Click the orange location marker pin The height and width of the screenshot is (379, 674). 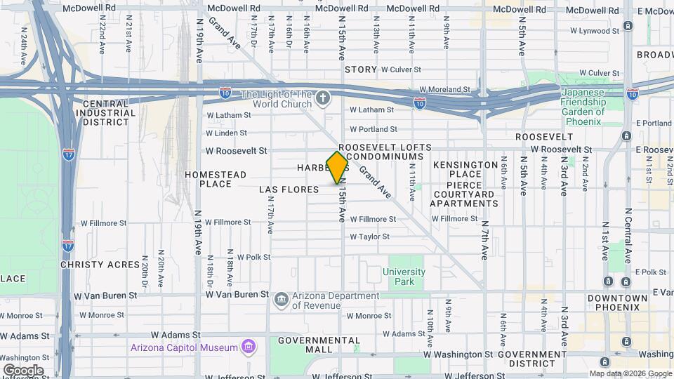pos(338,167)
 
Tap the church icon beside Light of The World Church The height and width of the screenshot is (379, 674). pos(322,97)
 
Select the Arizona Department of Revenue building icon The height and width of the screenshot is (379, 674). pos(281,300)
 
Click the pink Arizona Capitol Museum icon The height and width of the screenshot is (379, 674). pos(247,347)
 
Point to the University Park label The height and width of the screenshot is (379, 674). pos(404,277)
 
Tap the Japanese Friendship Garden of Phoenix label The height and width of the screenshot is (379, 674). pos(582,107)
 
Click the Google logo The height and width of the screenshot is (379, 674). pos(23,370)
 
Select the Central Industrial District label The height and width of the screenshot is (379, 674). pos(105,112)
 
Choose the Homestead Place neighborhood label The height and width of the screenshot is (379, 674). pos(216,179)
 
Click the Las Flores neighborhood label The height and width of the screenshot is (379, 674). pos(289,189)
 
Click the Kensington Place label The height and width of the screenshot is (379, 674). pos(465,169)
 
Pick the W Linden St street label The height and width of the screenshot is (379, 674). pos(226,133)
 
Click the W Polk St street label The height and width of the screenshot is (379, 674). pos(254,258)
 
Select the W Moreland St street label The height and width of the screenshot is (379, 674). pos(444,90)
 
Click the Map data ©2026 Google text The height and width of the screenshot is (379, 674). pos(629,373)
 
